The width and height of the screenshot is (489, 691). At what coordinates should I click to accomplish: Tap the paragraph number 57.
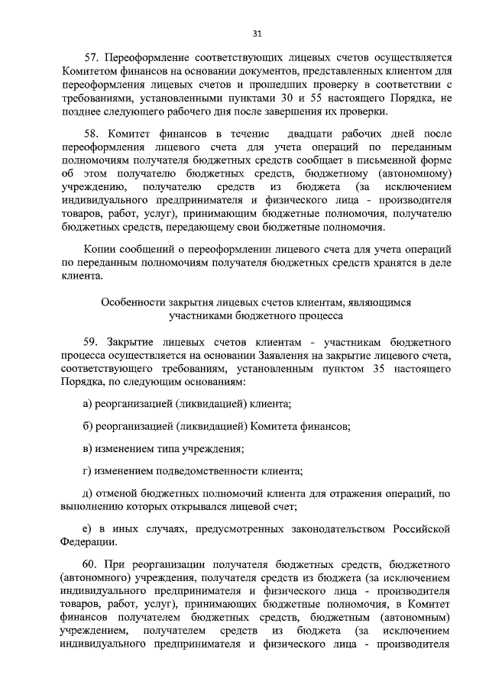point(92,58)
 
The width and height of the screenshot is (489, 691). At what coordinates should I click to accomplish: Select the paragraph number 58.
point(92,133)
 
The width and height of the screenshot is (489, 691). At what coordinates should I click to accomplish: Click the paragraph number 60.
point(92,563)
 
